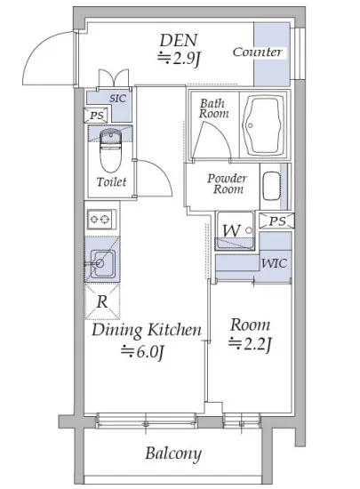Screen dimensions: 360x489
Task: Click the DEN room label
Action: tap(179, 41)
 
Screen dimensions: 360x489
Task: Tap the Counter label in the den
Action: tap(258, 52)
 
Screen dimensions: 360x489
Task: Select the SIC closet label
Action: tap(118, 99)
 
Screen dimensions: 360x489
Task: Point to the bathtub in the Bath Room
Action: tap(264, 125)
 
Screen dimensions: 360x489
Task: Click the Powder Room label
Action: tap(228, 184)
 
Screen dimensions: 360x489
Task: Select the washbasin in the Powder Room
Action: tap(271, 187)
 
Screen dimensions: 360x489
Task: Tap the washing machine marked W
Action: tap(235, 231)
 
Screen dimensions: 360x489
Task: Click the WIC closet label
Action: tap(274, 263)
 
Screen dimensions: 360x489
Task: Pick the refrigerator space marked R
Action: tap(102, 301)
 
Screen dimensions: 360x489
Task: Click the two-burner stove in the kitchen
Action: tap(101, 220)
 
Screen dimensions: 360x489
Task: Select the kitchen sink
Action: tap(102, 264)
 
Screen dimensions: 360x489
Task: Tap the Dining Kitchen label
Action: tap(147, 330)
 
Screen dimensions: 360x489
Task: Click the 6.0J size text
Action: tap(143, 352)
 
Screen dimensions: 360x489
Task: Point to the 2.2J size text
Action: tap(250, 345)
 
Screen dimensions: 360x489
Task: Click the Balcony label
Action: tap(173, 453)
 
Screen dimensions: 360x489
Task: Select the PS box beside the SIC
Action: tap(96, 116)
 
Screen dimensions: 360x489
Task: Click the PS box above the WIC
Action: tap(276, 221)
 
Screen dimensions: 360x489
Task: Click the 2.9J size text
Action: tap(179, 59)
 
